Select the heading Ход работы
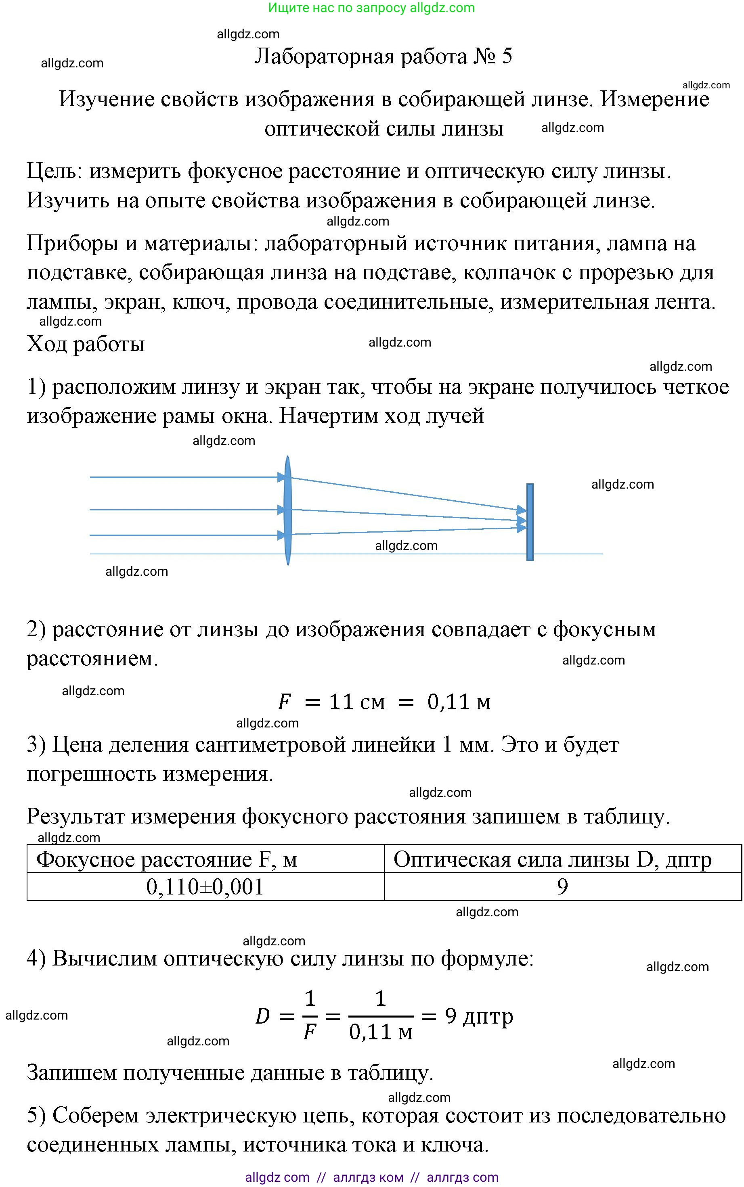coord(86,344)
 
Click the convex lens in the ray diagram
coord(288,510)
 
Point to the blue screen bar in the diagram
coord(530,522)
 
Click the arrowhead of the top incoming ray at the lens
coord(281,477)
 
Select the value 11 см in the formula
coord(357,702)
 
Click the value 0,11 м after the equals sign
coord(459,702)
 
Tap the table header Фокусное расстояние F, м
coord(167,859)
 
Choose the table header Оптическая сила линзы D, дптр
coord(552,859)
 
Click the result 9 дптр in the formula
coord(479,1016)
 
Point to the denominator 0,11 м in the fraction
coord(381,1032)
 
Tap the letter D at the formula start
coord(263,1016)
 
